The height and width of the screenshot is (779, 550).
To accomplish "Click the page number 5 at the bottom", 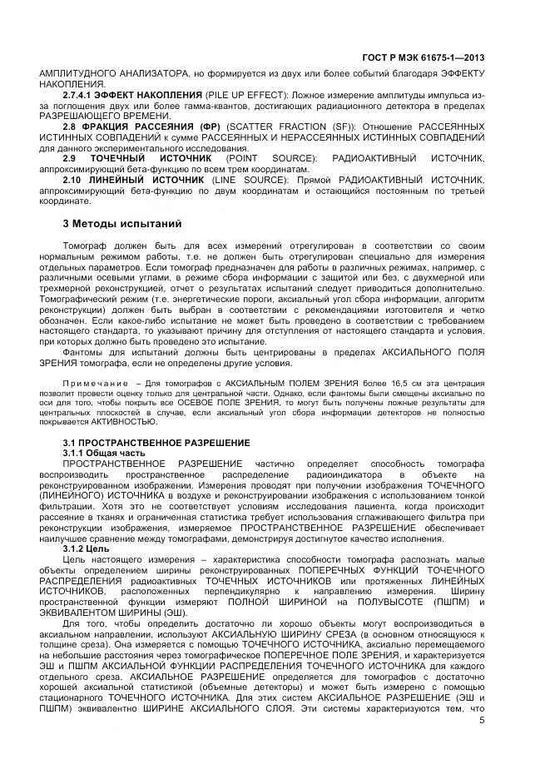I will point(482,720).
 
